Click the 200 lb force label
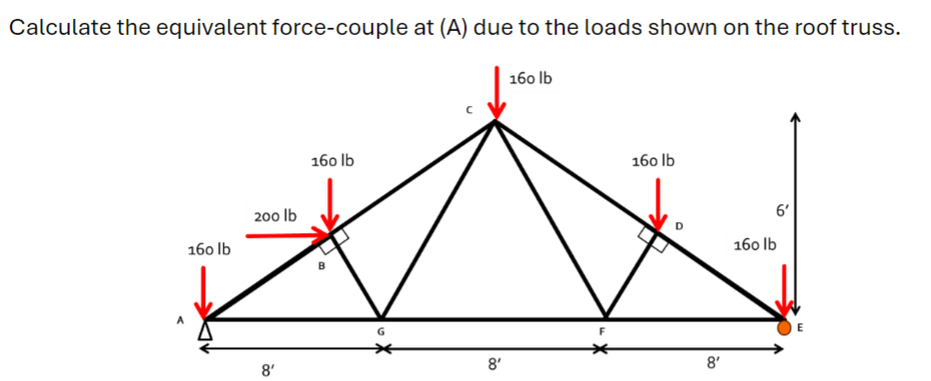275,214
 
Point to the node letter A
180,319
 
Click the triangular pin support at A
207,327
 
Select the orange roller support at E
784,326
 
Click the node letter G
379,331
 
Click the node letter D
679,227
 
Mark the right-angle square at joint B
338,236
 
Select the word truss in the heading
873,27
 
